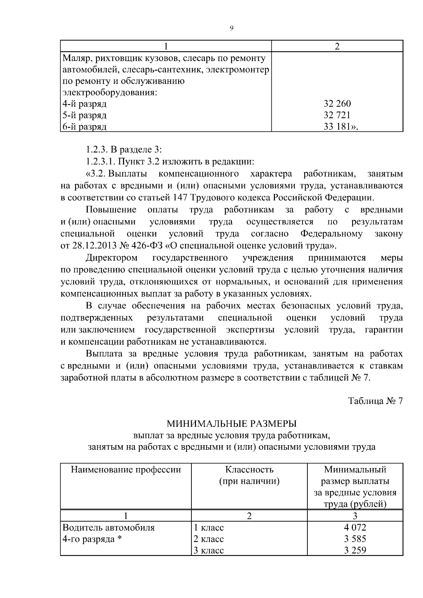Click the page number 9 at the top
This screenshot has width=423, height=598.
(x=231, y=29)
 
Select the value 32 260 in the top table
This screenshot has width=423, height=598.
(x=337, y=104)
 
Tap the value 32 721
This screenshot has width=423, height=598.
(x=337, y=115)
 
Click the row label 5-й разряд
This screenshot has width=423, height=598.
(x=84, y=115)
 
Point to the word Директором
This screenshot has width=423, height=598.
(x=112, y=258)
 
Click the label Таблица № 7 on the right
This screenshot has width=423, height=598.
(x=375, y=401)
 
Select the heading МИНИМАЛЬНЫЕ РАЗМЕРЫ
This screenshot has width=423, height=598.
(x=231, y=423)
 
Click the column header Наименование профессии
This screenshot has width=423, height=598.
(x=126, y=469)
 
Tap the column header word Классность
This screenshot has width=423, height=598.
(x=249, y=469)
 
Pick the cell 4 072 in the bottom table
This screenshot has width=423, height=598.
(x=355, y=528)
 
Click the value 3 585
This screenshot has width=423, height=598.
(x=355, y=539)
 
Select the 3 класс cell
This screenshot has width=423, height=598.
(x=209, y=550)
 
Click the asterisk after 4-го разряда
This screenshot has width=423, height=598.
(x=119, y=539)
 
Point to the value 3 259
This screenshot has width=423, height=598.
(x=355, y=550)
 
